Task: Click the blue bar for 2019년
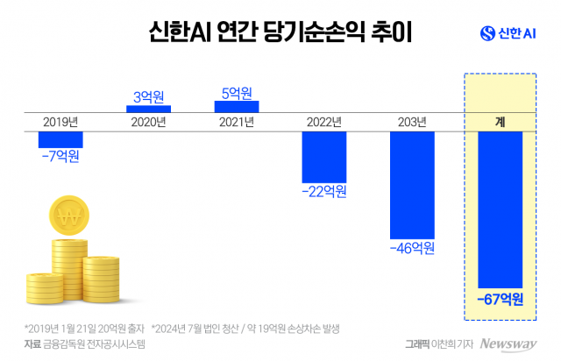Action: point(60,138)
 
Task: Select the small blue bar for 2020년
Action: point(148,109)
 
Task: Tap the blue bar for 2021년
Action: point(236,106)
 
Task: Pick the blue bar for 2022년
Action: point(323,156)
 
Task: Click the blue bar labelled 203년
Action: point(412,184)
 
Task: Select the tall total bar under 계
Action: point(501,209)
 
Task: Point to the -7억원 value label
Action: point(60,156)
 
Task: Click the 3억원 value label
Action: point(148,95)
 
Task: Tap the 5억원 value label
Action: point(236,91)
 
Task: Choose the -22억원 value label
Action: point(323,190)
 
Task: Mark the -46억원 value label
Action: point(412,248)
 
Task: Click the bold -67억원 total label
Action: point(501,300)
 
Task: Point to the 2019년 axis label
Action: point(60,122)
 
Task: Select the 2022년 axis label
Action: point(323,122)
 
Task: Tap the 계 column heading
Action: point(501,122)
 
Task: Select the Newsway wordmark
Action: point(507,344)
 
